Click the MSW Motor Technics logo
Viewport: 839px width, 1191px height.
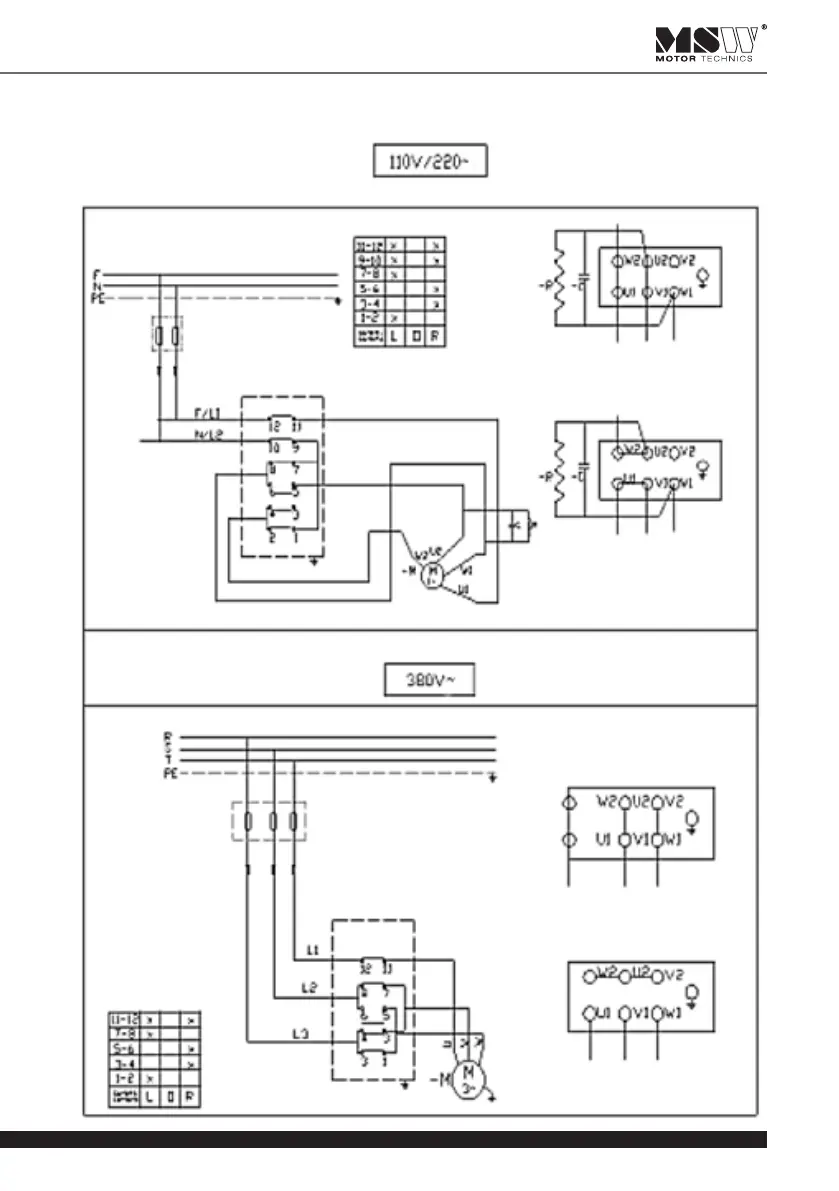pos(711,44)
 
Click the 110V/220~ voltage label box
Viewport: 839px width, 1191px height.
pos(429,162)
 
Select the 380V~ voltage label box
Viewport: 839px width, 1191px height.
pos(429,683)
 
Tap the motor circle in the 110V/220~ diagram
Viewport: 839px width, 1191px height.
pos(432,574)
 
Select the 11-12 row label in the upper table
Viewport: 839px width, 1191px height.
pos(368,244)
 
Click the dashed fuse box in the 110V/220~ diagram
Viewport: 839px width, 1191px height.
pos(168,335)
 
